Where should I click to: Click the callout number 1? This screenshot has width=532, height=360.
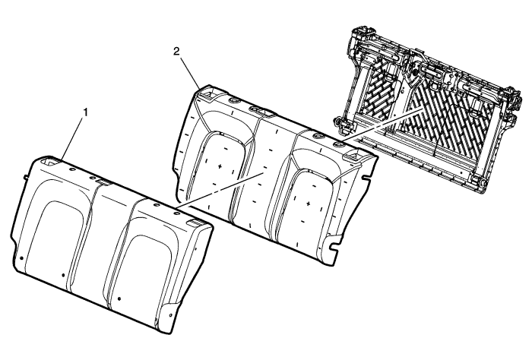[x=85, y=112]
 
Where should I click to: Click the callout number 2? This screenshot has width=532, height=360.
[x=177, y=52]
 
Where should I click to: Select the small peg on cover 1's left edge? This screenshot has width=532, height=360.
[x=25, y=177]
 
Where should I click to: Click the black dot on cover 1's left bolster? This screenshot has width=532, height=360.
[x=22, y=258]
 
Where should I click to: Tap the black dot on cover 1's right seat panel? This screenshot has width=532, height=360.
[x=119, y=299]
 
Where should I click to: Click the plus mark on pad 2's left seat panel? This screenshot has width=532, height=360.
[x=220, y=166]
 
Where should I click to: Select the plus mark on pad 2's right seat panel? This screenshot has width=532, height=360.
[x=308, y=204]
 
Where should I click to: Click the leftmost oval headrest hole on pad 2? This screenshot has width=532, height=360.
[x=235, y=101]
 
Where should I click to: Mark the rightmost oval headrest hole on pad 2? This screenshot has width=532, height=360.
[x=338, y=145]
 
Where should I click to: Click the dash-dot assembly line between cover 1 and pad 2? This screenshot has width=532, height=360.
[x=220, y=189]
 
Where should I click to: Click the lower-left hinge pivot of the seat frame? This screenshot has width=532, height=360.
[x=338, y=120]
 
